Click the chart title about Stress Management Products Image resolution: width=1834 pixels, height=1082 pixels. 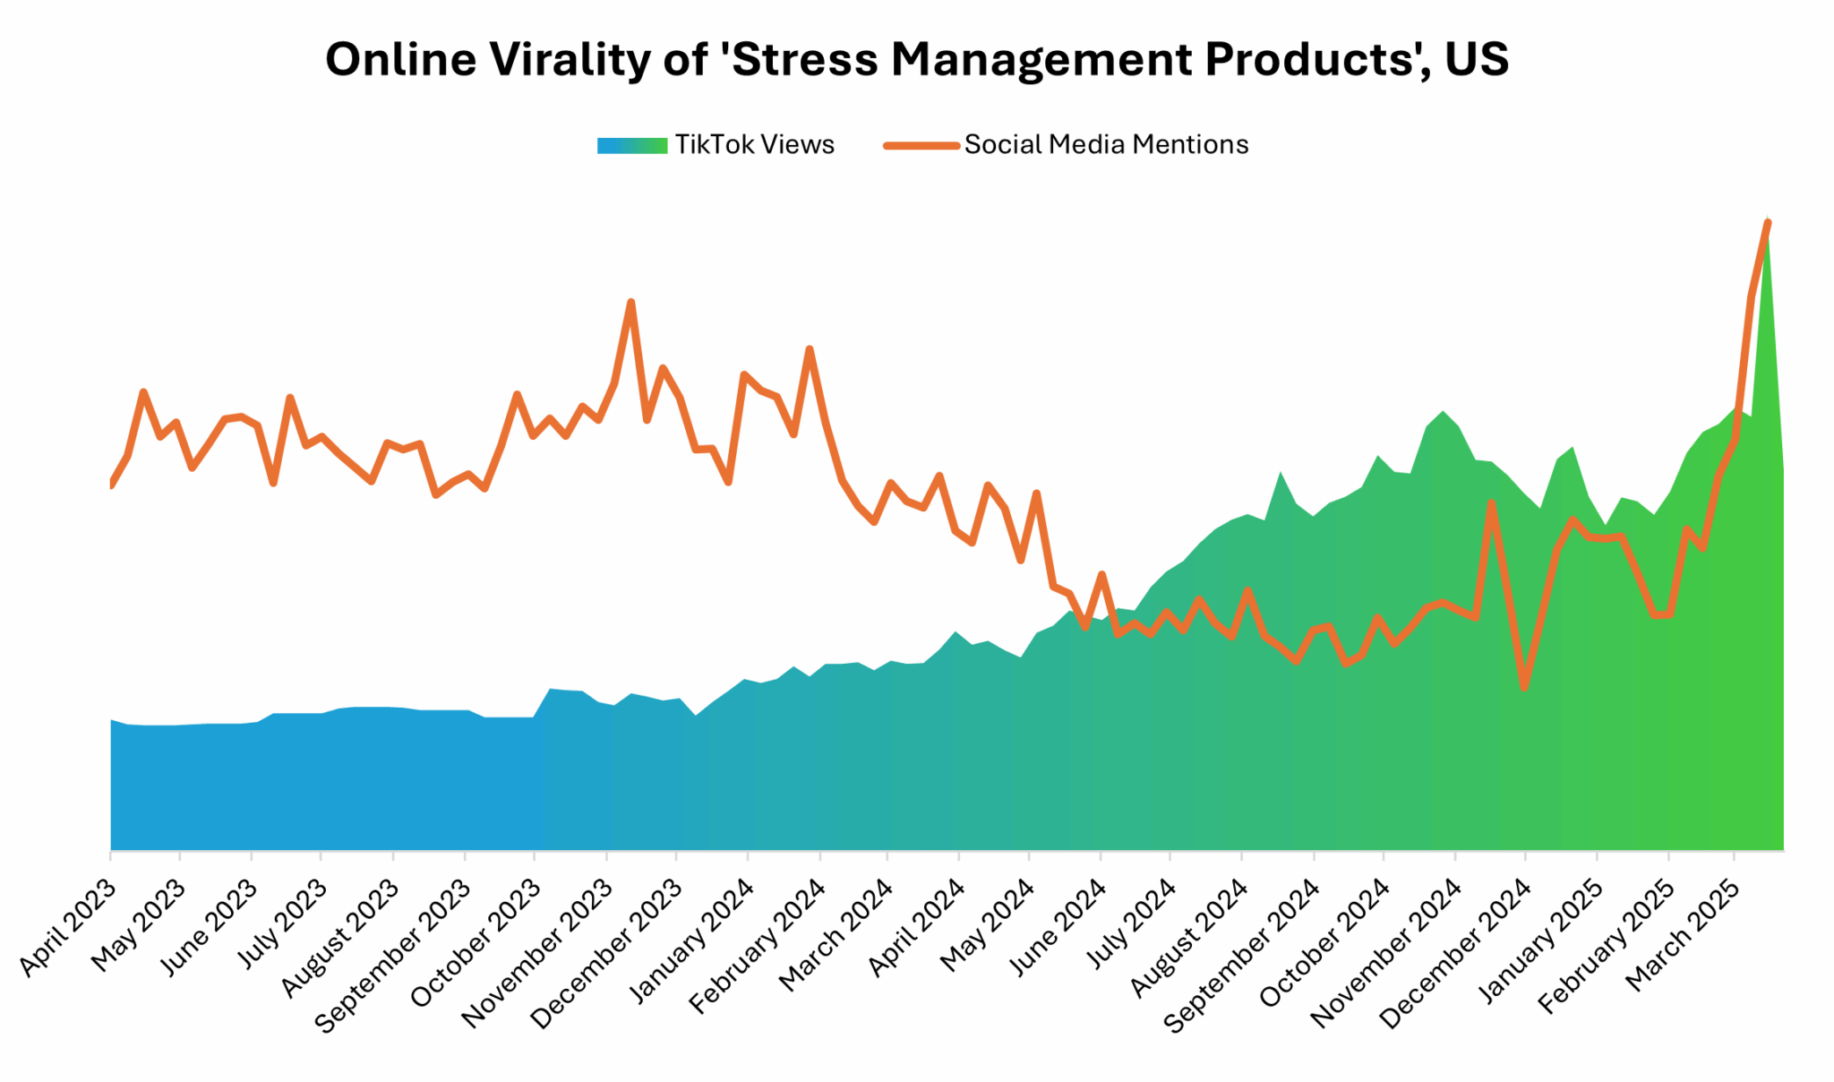click(x=916, y=60)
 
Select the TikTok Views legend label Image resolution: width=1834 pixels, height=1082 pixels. click(x=754, y=145)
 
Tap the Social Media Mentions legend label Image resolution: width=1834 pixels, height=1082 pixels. click(x=1106, y=145)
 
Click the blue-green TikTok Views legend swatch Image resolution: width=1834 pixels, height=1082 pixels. click(x=632, y=145)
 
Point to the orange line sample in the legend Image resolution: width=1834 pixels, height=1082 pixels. click(x=921, y=145)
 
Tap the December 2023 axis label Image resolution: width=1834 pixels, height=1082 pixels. click(x=606, y=955)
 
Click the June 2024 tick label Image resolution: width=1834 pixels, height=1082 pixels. click(x=1059, y=927)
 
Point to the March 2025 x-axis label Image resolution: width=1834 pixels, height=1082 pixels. click(x=1683, y=935)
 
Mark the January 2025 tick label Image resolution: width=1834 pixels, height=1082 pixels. click(x=1538, y=940)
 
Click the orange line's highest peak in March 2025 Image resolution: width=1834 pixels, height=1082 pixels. click(x=1768, y=222)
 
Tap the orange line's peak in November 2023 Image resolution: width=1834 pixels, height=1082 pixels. click(x=631, y=302)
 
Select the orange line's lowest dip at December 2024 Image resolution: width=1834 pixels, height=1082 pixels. click(x=1524, y=688)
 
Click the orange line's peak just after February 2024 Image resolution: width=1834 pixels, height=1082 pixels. click(x=810, y=348)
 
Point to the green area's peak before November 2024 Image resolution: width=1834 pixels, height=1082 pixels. click(x=1443, y=412)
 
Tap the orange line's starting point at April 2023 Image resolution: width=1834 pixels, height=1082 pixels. click(x=111, y=485)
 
